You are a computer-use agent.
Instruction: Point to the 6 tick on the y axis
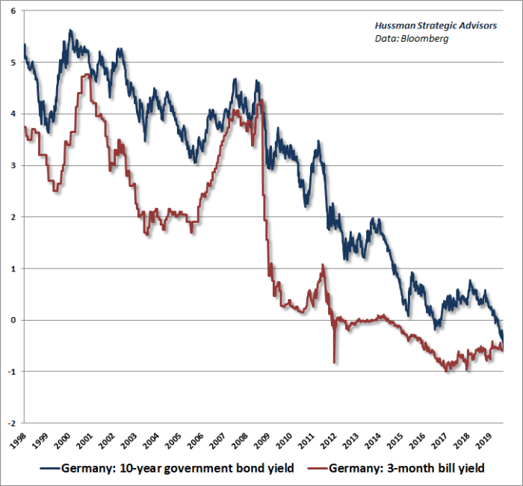[x=12, y=11]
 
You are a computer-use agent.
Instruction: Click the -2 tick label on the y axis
[x=10, y=422]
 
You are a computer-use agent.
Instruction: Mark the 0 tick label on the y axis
[x=12, y=319]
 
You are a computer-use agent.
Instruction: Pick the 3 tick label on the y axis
[x=12, y=165]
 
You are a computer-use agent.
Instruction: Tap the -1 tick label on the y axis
[x=10, y=371]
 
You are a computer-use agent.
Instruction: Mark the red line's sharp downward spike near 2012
[x=334, y=362]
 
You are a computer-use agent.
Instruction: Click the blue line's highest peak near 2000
[x=70, y=31]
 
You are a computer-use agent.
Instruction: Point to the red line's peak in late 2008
[x=259, y=101]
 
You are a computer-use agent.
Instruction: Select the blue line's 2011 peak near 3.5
[x=318, y=141]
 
